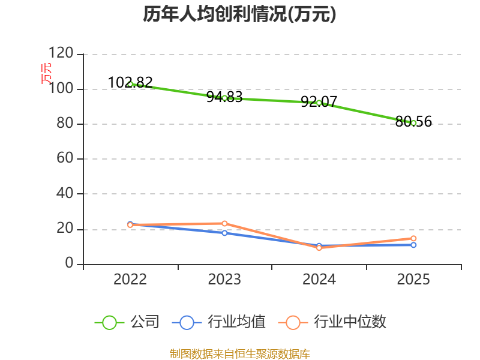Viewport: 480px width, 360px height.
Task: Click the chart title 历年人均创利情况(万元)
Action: pos(239,14)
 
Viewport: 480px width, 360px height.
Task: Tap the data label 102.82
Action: pos(130,82)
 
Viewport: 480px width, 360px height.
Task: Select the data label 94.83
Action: pos(224,97)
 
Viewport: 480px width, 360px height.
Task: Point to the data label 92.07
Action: pos(319,101)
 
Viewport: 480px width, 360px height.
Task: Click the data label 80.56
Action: pos(413,122)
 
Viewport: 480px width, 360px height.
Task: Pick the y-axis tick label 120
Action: pos(61,53)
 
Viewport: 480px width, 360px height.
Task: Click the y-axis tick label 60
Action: pos(65,158)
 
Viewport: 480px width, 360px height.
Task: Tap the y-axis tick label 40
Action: pos(65,193)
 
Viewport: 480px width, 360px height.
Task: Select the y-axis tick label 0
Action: pos(69,263)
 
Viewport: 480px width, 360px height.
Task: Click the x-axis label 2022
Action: pos(130,279)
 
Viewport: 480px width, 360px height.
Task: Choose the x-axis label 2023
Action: pos(224,279)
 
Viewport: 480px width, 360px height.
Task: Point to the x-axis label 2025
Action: pos(413,279)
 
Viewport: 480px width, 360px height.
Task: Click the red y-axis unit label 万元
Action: pos(46,73)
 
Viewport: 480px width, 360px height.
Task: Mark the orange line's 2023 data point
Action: pos(224,223)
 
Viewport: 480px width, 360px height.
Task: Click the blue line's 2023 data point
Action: pos(224,233)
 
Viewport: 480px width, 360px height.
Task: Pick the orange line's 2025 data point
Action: pos(413,238)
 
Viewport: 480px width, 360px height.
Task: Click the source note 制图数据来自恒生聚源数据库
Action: pos(240,354)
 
